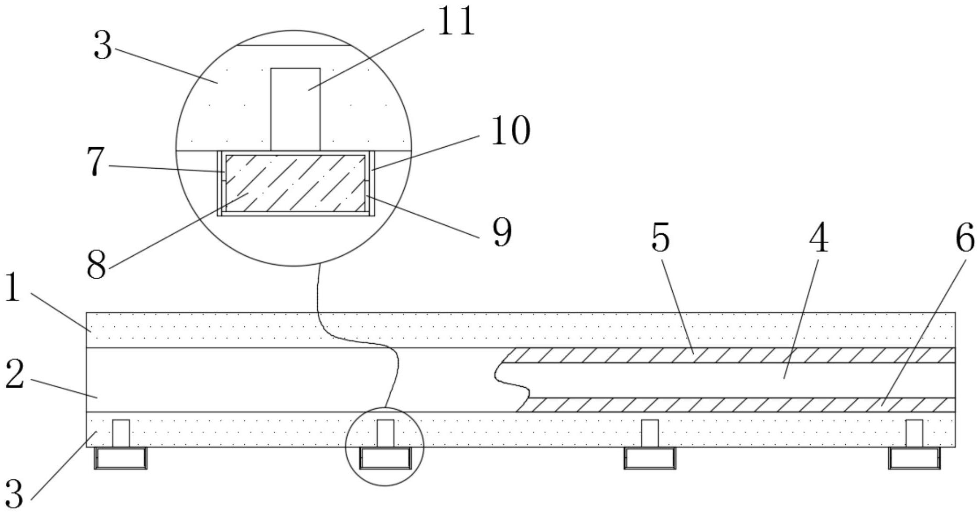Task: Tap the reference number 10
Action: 510,131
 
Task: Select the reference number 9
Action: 502,233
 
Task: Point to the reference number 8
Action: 96,265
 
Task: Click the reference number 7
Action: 95,162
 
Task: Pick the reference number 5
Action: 660,238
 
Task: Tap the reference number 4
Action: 819,238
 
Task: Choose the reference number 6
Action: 964,238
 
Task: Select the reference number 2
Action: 14,376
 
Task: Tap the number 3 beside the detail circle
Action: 103,46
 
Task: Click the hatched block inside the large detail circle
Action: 295,183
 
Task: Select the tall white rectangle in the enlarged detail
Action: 295,108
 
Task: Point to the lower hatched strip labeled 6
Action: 734,405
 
